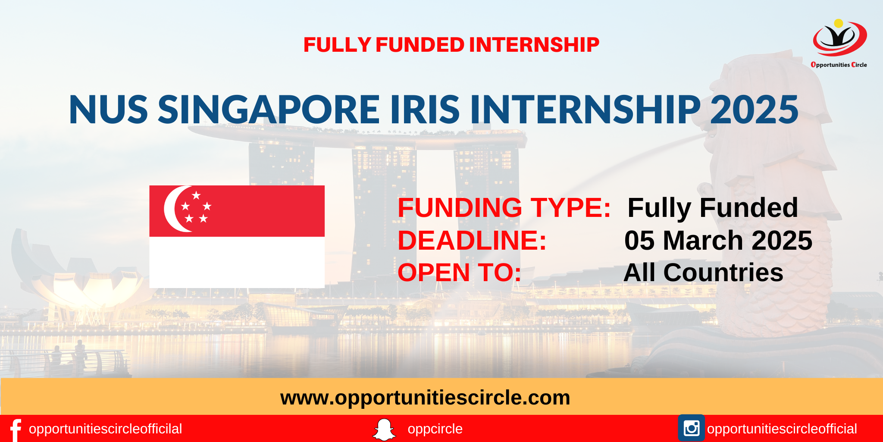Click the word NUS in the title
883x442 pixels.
[109, 110]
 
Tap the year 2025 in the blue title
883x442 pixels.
[754, 110]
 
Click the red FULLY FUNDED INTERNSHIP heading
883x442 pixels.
[451, 45]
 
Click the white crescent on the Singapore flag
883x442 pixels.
[175, 209]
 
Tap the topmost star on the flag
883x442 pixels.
[196, 195]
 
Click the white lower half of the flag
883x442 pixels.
[237, 262]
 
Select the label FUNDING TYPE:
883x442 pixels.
[504, 208]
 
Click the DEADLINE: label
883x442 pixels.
[472, 240]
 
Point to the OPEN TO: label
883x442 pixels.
[459, 273]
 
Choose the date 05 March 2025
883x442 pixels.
[718, 240]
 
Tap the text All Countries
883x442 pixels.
[703, 273]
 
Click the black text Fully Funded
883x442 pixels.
[713, 208]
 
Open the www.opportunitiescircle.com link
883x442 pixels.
[425, 398]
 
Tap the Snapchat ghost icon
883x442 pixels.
[384, 429]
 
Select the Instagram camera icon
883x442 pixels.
[691, 428]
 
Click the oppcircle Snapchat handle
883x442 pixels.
[435, 429]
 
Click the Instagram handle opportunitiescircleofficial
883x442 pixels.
[782, 429]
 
